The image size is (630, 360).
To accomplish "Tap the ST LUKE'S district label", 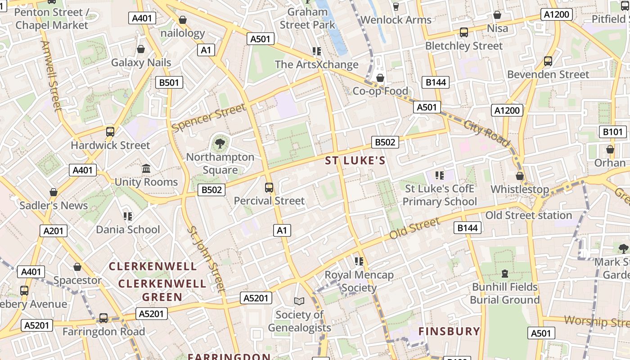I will (355, 161).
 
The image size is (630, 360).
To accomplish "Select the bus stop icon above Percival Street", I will (269, 188).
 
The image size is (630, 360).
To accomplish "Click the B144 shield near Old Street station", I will (468, 228).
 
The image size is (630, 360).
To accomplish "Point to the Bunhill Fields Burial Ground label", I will (505, 293).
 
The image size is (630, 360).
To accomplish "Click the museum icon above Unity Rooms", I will (146, 169).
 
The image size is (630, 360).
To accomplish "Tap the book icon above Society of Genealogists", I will (299, 301).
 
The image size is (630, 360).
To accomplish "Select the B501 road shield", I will (169, 82).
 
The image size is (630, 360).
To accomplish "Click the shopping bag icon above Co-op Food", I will (380, 78).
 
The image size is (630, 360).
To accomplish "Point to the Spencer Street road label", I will (209, 117).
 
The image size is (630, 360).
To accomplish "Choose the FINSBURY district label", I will (450, 332).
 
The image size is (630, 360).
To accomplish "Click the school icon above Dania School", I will (128, 216).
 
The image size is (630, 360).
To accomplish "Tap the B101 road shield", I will (613, 132).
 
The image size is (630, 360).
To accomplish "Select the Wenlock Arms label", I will (396, 20).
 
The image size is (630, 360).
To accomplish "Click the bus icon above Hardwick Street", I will (110, 132).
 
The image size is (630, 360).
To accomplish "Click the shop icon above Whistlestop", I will (520, 176).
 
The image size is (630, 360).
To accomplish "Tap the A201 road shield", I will (54, 231).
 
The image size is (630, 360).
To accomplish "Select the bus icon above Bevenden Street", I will (548, 61).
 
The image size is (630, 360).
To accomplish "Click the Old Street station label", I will (528, 215).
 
